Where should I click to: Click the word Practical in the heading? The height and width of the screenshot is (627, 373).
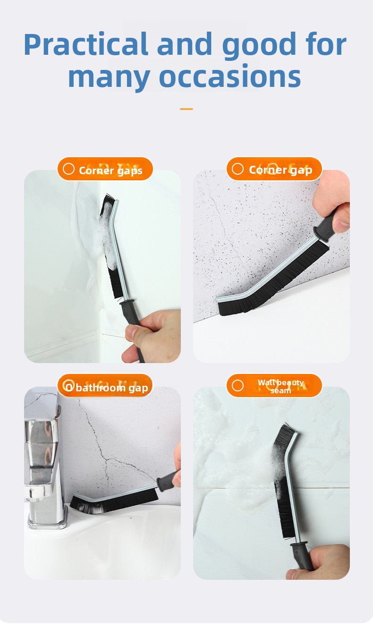tap(85, 45)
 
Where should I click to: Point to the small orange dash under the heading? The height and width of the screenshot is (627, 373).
tap(186, 109)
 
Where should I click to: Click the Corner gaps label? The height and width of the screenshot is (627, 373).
tap(110, 170)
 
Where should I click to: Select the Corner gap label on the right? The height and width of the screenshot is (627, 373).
tap(280, 170)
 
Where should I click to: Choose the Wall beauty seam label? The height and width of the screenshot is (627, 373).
tap(280, 386)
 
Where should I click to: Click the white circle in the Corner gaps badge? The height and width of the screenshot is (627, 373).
tap(68, 169)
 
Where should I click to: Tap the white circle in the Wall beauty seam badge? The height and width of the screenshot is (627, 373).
tap(237, 385)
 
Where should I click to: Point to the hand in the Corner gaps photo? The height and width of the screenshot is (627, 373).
tap(152, 335)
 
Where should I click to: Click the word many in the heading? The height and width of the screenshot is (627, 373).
tap(109, 77)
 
